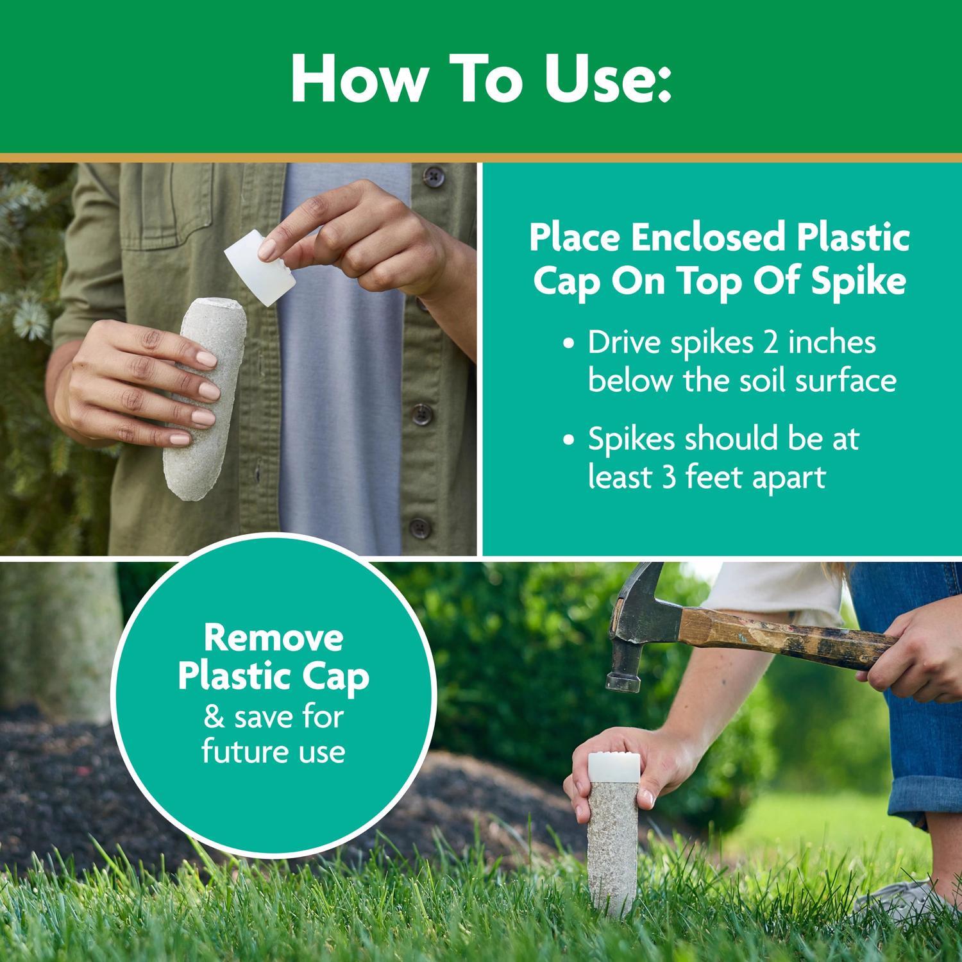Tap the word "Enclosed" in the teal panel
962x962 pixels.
tap(707, 238)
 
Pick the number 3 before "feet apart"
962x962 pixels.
tap(671, 478)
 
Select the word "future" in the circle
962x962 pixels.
tap(242, 752)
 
